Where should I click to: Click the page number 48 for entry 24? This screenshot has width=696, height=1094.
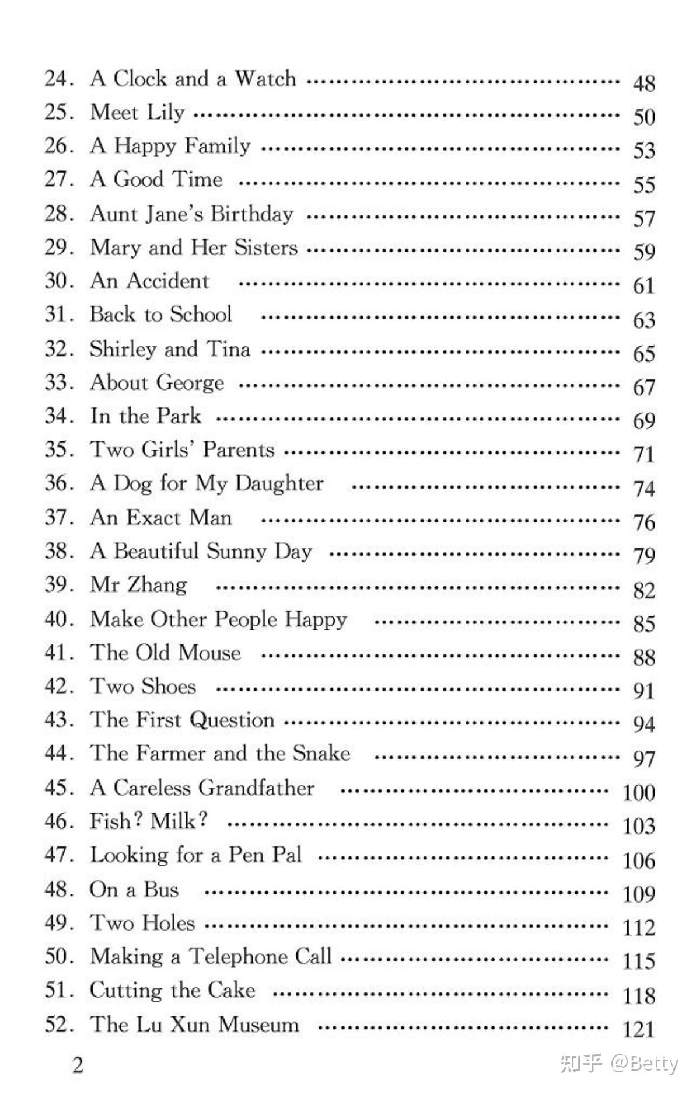[644, 83]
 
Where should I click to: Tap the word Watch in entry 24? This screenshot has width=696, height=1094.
[265, 79]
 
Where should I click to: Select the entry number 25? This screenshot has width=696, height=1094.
[58, 112]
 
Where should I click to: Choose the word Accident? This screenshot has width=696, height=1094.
[167, 281]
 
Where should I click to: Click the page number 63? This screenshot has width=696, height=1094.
[644, 320]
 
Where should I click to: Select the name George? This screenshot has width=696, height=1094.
[190, 383]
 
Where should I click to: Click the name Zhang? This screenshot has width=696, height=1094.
[158, 585]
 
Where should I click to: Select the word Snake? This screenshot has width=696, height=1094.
[321, 753]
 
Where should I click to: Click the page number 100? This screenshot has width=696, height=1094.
[638, 793]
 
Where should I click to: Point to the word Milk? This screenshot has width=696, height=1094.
[179, 821]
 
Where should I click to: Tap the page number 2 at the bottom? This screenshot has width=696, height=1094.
[78, 1065]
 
